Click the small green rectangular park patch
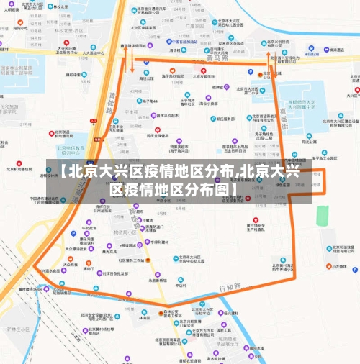[322, 214]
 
